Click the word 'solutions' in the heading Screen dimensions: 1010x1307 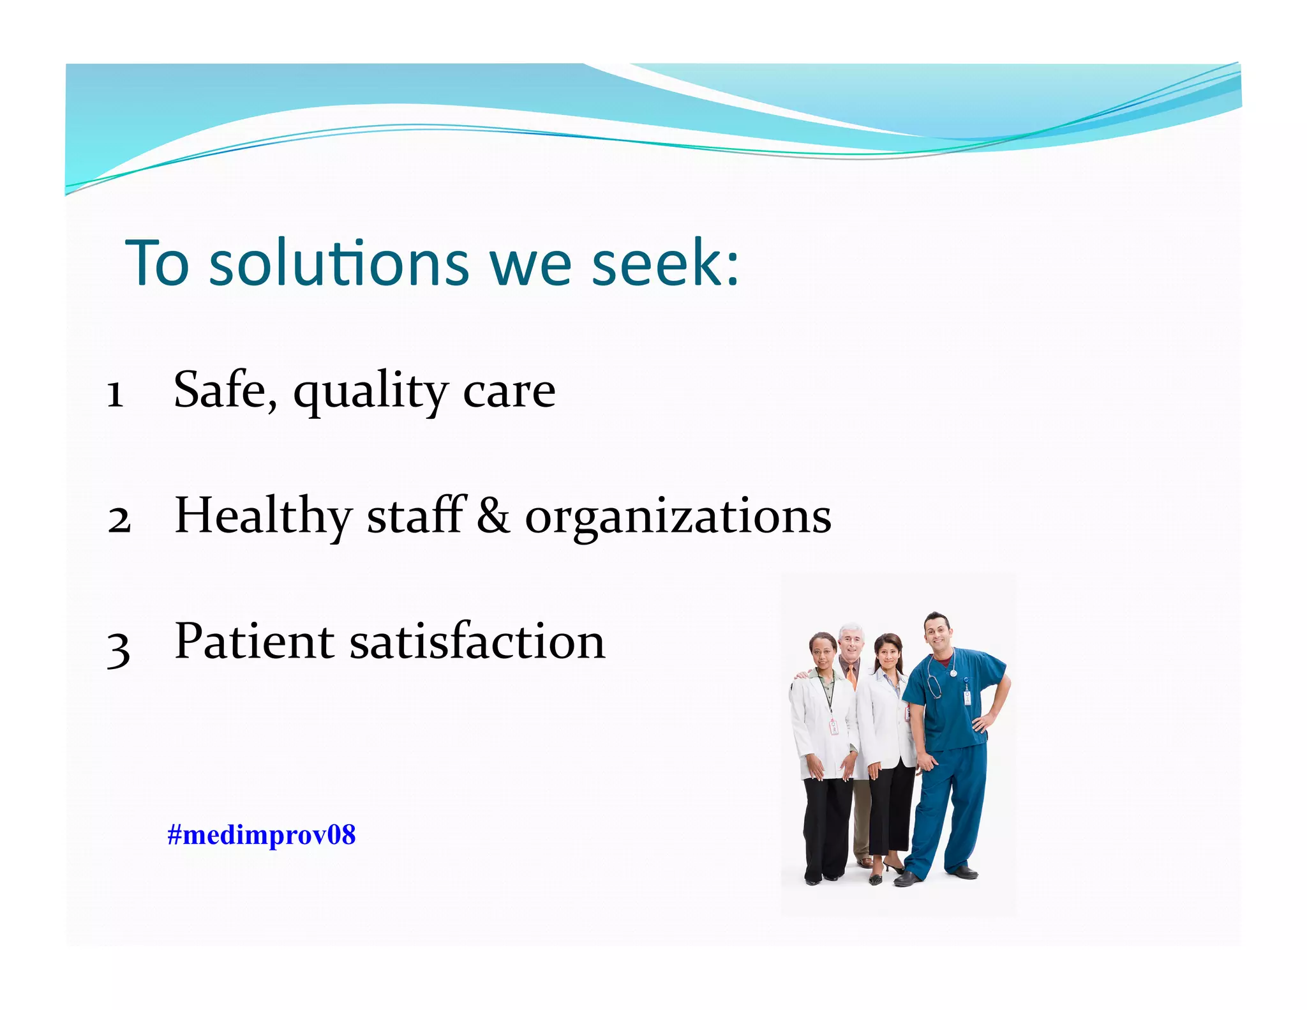(339, 263)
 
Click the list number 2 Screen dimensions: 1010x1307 (119, 519)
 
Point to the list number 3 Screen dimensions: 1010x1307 (119, 649)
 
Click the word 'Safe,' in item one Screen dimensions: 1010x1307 (225, 389)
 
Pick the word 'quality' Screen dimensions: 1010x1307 (370, 393)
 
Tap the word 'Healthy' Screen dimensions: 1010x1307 (263, 516)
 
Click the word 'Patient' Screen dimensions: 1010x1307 (254, 641)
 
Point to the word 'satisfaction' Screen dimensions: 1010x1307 (477, 641)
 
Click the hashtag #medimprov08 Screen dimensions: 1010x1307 (261, 834)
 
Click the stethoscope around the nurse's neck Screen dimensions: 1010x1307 (935, 680)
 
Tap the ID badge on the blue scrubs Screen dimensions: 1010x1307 (967, 697)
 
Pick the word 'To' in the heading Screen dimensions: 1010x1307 (157, 263)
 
